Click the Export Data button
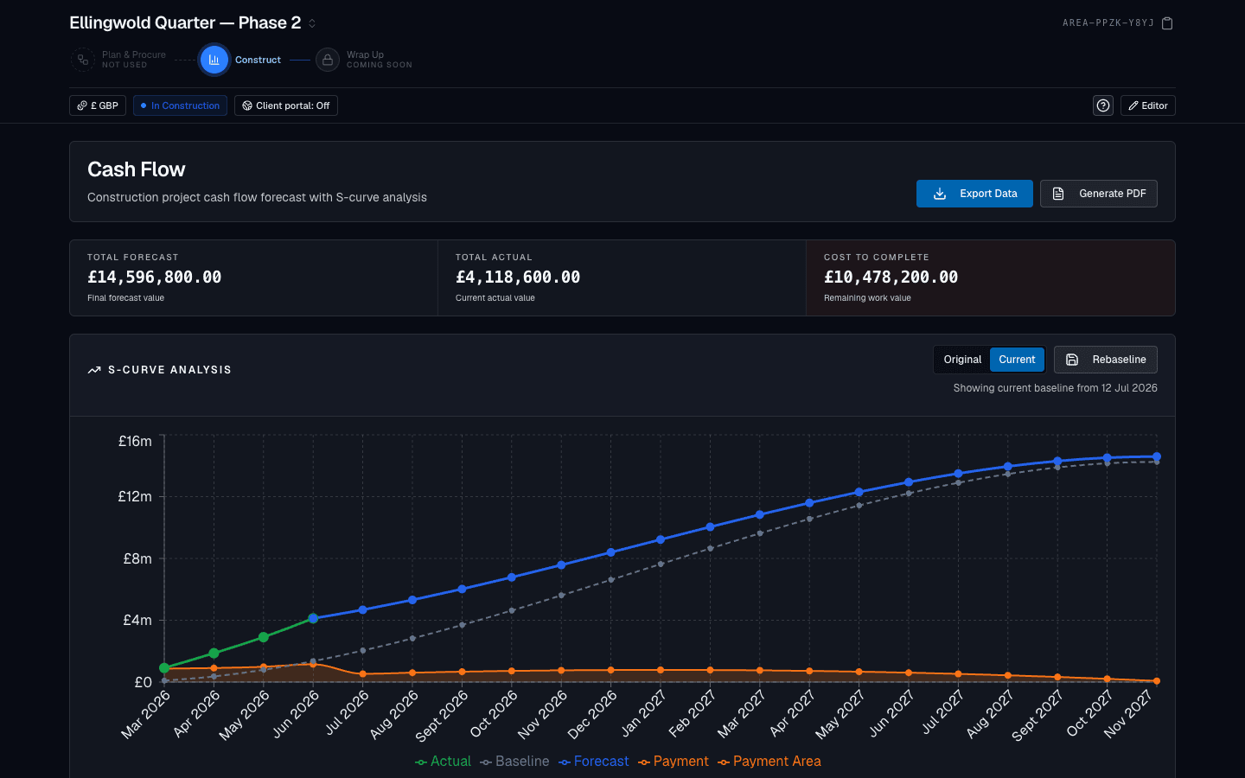point(974,194)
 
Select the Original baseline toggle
point(962,360)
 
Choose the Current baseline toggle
point(1017,360)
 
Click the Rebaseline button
point(1106,360)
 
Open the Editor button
point(1148,105)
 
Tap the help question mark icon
point(1103,105)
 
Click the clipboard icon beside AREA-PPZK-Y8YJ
point(1167,23)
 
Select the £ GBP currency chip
point(97,105)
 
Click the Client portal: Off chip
point(285,105)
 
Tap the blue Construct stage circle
point(214,60)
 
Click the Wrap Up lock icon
point(328,60)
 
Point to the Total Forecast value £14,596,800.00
point(155,277)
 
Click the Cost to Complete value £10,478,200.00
point(891,277)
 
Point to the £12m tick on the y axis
point(135,496)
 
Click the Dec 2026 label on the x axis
point(592,714)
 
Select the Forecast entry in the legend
point(594,762)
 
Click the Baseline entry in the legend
point(514,762)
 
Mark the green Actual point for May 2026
point(264,637)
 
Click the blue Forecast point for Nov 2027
point(1157,456)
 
